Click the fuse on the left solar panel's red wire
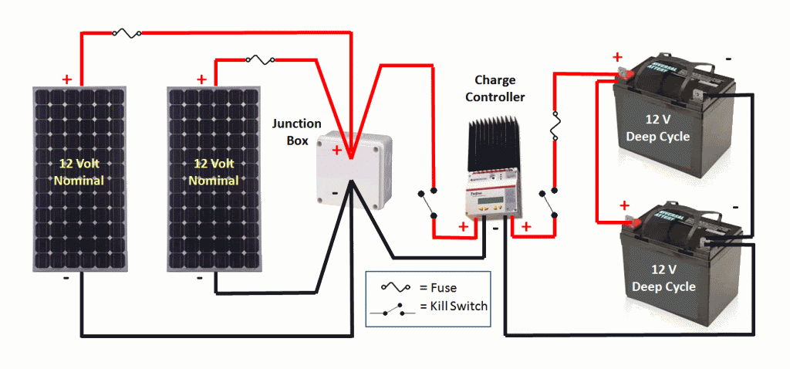click(x=126, y=32)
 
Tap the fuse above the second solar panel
click(x=257, y=59)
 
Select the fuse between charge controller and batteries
click(x=554, y=126)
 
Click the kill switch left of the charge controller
click(x=427, y=203)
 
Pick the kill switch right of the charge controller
click(x=548, y=203)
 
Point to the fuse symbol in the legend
click(x=396, y=286)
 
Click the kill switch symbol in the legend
click(x=394, y=310)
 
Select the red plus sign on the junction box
click(x=336, y=151)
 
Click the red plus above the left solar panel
click(x=67, y=79)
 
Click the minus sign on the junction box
click(x=335, y=193)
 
